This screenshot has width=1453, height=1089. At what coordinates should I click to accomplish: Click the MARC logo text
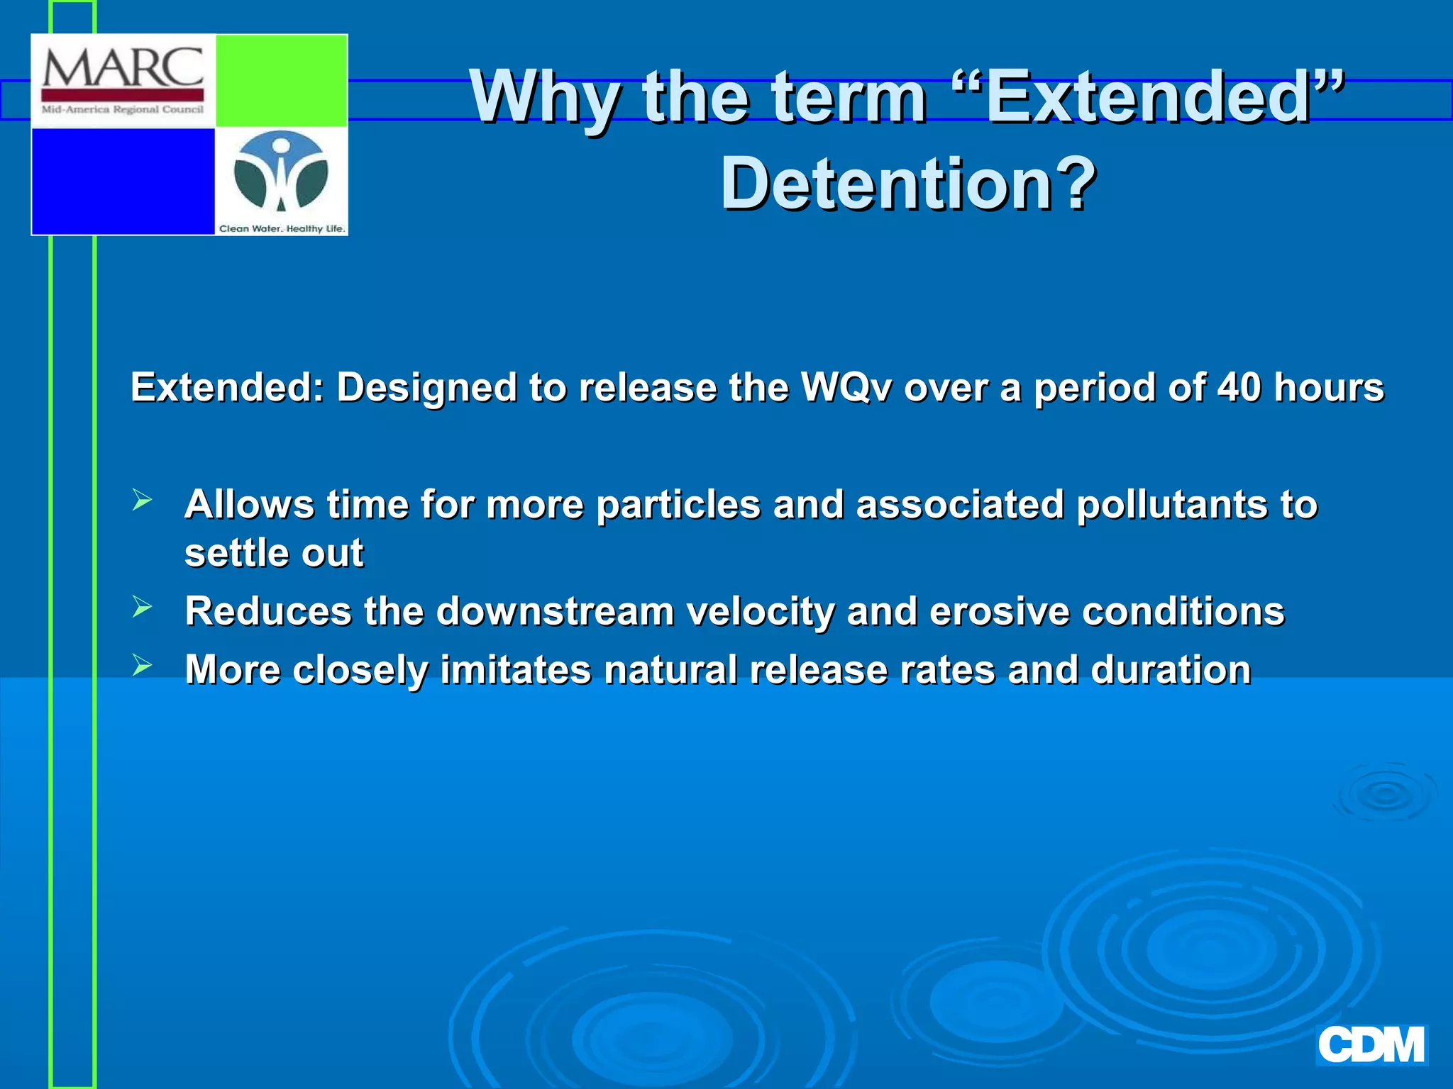tap(123, 68)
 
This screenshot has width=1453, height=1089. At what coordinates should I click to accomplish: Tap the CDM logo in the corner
tap(1371, 1045)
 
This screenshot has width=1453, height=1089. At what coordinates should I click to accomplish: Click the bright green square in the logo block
tap(281, 81)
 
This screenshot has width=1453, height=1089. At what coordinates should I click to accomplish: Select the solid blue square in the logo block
tap(123, 181)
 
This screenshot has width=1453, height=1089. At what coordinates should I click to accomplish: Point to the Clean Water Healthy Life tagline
tap(282, 228)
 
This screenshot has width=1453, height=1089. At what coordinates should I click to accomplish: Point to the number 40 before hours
tap(1239, 387)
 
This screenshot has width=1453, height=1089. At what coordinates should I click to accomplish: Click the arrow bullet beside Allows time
tap(142, 501)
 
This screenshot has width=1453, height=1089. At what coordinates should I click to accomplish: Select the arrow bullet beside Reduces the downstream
tap(142, 607)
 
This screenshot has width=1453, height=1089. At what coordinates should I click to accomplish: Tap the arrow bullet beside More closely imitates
tap(142, 665)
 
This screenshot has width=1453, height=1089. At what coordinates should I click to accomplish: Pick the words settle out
tap(274, 553)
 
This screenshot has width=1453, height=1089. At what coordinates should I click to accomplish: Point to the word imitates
tap(516, 669)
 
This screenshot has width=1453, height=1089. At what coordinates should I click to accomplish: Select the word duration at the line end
tap(1171, 669)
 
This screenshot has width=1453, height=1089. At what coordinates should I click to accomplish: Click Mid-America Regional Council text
tap(123, 110)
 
